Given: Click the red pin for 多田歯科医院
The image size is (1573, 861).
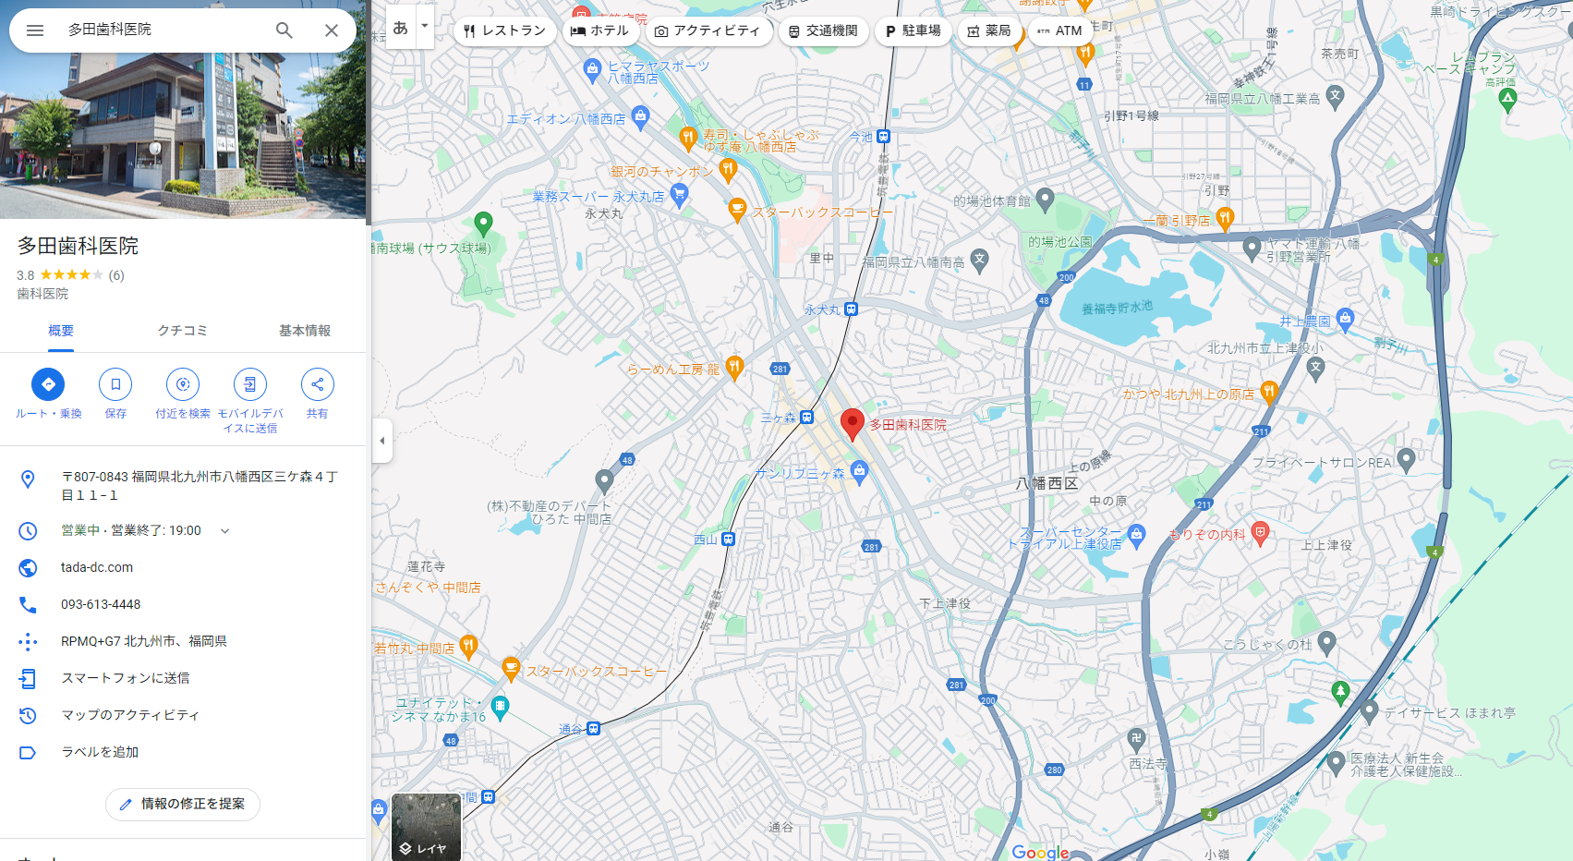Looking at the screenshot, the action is click(x=852, y=422).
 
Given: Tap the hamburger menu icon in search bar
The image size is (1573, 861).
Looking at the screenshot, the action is click(x=35, y=30).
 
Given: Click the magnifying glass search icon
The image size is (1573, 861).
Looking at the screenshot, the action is click(x=284, y=30).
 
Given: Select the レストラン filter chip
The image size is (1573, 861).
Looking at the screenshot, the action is click(x=504, y=30).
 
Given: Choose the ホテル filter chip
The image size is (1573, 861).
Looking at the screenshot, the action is click(x=599, y=30).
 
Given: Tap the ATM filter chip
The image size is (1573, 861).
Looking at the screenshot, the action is click(x=1059, y=30).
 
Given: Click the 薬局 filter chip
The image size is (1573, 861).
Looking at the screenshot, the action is click(x=988, y=30).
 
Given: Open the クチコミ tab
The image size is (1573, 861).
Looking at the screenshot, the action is click(x=182, y=331).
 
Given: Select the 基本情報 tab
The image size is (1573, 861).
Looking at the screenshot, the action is click(x=304, y=331).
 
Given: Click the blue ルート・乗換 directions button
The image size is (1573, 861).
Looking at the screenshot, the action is click(x=48, y=384).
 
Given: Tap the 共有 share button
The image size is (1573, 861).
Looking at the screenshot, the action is click(x=317, y=384).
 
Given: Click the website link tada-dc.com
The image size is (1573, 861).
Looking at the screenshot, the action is click(x=97, y=567).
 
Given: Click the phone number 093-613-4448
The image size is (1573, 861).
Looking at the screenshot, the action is click(x=101, y=604).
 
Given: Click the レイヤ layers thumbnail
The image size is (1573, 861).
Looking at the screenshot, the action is click(x=426, y=826).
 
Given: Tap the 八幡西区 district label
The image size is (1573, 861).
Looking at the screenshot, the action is click(x=1047, y=483).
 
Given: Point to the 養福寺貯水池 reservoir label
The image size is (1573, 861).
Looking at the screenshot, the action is click(x=1117, y=308).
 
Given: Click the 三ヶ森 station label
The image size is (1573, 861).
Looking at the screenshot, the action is click(x=779, y=418).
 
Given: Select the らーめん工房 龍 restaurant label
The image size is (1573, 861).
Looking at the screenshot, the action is click(x=673, y=370).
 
